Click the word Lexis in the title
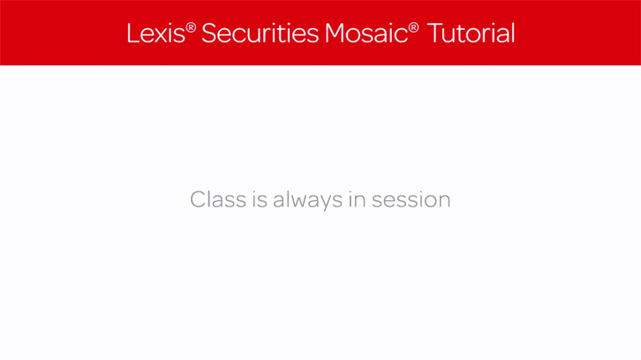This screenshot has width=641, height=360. coord(155,34)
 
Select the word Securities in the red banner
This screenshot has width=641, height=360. coord(260,34)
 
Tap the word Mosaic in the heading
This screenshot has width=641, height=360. coord(366,34)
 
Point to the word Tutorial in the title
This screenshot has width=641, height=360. coord(471,34)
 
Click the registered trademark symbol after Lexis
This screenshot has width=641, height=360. coord(191,27)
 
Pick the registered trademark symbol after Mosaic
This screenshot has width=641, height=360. coord(413,27)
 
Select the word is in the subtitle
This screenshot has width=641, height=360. coord(260,199)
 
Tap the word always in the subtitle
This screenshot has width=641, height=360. coord(308,200)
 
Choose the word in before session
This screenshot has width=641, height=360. coord(357,199)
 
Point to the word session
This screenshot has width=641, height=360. coord(411,200)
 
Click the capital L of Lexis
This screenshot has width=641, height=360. coord(132,34)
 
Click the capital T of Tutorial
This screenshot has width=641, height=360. coord(435,34)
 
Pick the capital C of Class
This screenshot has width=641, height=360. coord(199,199)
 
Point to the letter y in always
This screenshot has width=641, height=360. coord(321,203)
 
